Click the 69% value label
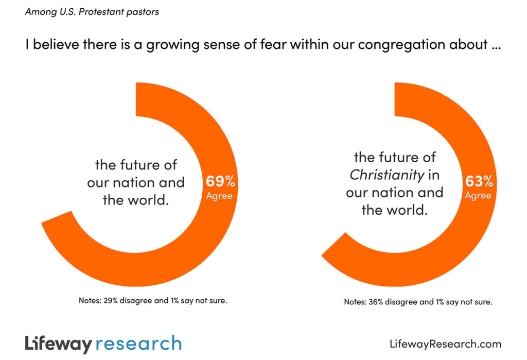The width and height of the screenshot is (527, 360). (221, 181)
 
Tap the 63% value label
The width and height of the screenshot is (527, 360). (480, 181)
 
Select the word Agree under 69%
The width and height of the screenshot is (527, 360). (219, 196)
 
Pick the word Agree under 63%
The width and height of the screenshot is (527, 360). (478, 196)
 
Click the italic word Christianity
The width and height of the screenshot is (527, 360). (387, 175)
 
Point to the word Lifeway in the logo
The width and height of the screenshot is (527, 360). (58, 344)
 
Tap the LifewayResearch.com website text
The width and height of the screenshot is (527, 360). (445, 344)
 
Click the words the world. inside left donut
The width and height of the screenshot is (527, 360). (136, 200)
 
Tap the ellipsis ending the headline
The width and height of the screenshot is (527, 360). (496, 46)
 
